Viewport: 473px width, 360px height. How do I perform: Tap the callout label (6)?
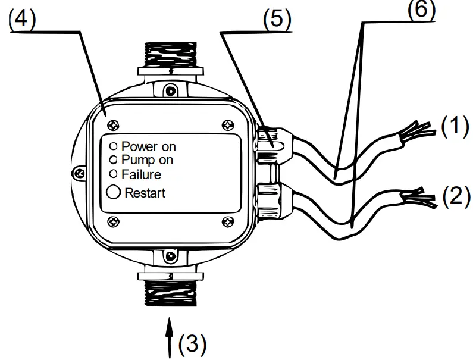click(421, 8)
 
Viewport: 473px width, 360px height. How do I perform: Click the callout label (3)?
click(192, 343)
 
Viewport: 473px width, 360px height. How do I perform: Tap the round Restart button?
click(114, 192)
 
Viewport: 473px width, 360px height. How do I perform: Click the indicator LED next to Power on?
click(113, 146)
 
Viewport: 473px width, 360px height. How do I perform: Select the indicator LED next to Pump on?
click(113, 159)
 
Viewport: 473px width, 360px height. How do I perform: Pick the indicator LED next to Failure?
click(113, 174)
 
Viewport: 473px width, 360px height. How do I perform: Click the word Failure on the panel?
click(141, 175)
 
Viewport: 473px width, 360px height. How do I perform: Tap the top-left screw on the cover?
click(114, 124)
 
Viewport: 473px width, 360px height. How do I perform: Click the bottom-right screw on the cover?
click(227, 221)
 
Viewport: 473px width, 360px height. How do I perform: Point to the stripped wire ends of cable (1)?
click(420, 129)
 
